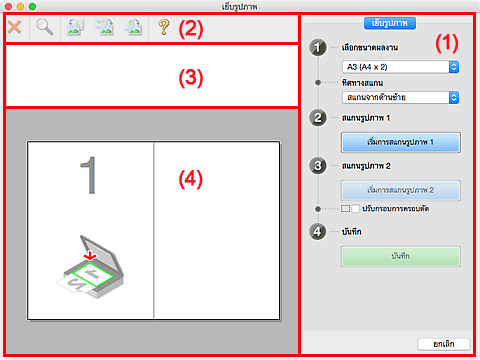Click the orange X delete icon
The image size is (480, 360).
click(14, 27)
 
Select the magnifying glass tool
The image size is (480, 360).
click(44, 27)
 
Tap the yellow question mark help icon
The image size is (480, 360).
click(164, 27)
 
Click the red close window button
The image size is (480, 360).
click(9, 6)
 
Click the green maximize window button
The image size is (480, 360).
click(32, 6)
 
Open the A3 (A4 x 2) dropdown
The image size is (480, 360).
click(400, 67)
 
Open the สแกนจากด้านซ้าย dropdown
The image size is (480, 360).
click(400, 97)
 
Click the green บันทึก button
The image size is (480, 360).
click(401, 256)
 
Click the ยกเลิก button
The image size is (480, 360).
click(444, 344)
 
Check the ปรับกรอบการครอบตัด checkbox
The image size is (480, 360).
click(356, 209)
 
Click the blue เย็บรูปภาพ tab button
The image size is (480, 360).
click(390, 23)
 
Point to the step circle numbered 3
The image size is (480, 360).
click(318, 166)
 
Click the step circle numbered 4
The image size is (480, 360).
click(318, 232)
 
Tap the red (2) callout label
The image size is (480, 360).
click(191, 29)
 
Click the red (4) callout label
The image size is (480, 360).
click(191, 179)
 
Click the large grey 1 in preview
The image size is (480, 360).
click(89, 175)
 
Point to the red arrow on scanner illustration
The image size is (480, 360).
click(90, 255)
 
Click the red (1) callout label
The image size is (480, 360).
click(447, 43)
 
